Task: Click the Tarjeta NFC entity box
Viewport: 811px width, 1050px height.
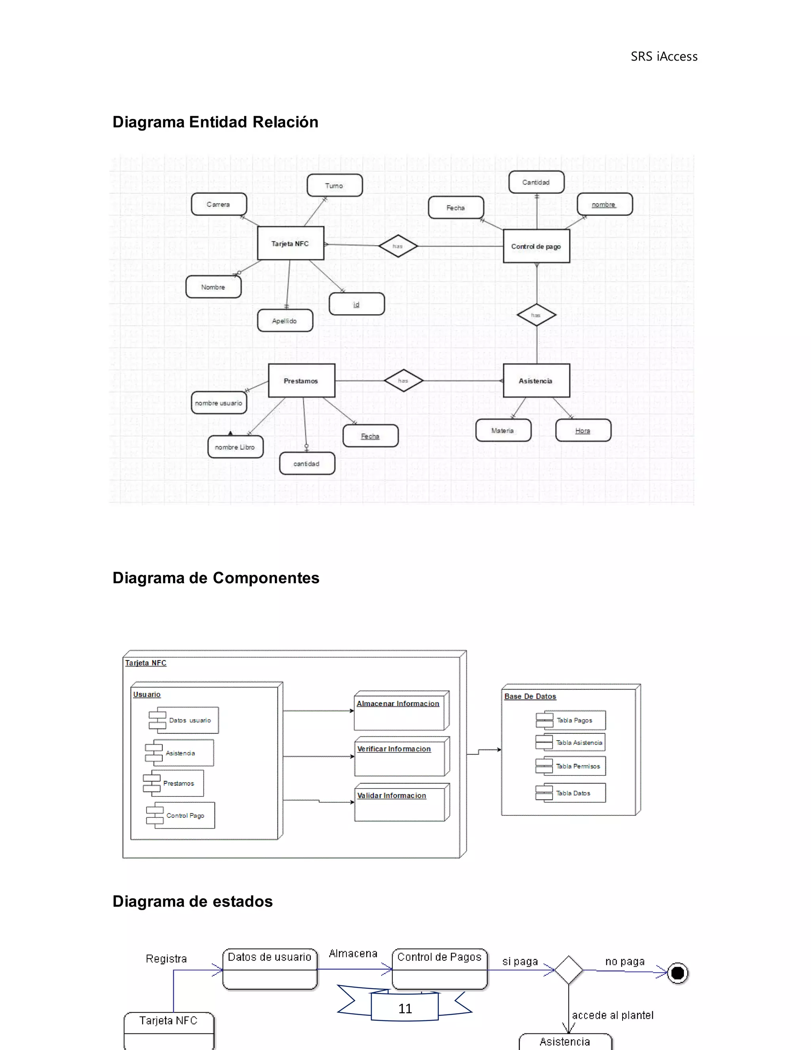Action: pyautogui.click(x=290, y=243)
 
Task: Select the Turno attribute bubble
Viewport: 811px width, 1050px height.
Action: pyautogui.click(x=334, y=185)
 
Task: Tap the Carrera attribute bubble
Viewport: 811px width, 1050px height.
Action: pyautogui.click(x=219, y=204)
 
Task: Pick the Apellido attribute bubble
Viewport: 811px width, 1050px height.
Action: pyautogui.click(x=285, y=321)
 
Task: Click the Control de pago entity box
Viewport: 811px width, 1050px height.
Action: pyautogui.click(x=536, y=246)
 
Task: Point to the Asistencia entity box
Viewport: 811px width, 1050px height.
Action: pyautogui.click(x=536, y=381)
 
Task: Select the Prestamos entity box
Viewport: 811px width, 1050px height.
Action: pyautogui.click(x=301, y=381)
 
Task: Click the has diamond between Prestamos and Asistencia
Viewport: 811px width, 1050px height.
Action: pyautogui.click(x=403, y=381)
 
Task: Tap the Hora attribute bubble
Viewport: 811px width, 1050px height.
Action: pyautogui.click(x=583, y=430)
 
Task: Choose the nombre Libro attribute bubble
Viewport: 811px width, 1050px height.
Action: pyautogui.click(x=235, y=447)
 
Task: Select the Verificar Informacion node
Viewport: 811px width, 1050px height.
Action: pyautogui.click(x=401, y=756)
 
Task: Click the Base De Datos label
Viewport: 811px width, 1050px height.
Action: pyautogui.click(x=530, y=696)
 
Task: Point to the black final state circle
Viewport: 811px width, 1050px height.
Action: pyautogui.click(x=678, y=974)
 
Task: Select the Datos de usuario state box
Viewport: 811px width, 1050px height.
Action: pyautogui.click(x=270, y=969)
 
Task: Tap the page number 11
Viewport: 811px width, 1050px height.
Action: pyautogui.click(x=405, y=1009)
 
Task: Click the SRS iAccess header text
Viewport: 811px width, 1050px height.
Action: pyautogui.click(x=664, y=57)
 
